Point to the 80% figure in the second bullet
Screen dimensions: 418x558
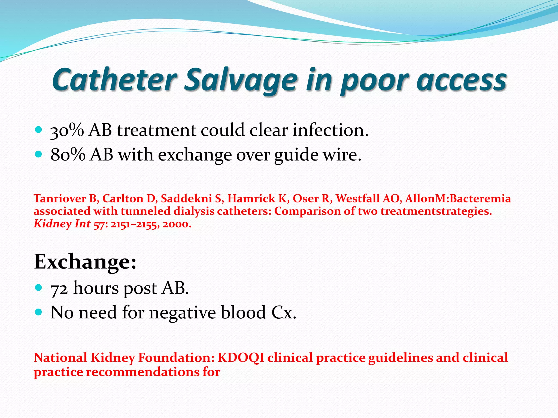[x=68, y=155]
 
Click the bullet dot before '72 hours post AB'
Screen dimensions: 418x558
[x=39, y=287]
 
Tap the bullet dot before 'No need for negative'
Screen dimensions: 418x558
[x=39, y=312]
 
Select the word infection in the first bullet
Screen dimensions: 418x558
[x=330, y=130]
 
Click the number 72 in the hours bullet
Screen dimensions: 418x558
[x=59, y=288]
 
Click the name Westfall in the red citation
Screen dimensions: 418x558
[x=357, y=198]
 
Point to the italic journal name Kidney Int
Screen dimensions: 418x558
[x=62, y=224]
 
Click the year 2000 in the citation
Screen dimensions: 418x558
[x=177, y=224]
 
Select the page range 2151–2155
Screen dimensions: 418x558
[x=134, y=224]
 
